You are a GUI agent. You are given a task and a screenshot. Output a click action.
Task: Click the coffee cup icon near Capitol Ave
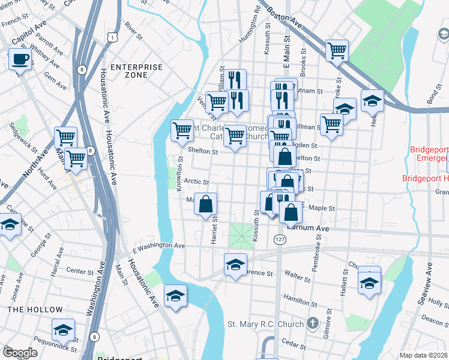20,59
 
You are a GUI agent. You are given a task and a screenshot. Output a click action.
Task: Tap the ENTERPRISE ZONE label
137,71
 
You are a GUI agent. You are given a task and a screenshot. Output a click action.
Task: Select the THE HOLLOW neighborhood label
35,310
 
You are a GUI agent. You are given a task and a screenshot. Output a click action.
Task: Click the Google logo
20,353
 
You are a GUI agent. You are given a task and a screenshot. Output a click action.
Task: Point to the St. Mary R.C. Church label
265,325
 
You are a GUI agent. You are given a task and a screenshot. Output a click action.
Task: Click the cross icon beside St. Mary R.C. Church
312,324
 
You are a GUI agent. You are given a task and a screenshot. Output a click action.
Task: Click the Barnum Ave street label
307,229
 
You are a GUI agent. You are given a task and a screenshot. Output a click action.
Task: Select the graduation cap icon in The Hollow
63,330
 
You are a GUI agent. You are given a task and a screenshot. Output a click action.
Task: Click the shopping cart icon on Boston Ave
337,50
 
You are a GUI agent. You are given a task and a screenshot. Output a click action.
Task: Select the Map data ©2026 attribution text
424,355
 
